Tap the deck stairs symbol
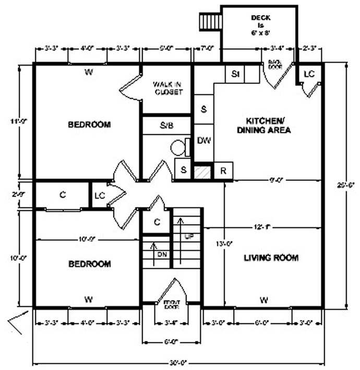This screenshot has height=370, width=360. (210, 22)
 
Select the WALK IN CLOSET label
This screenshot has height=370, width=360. (167, 88)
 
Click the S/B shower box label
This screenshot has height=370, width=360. (167, 126)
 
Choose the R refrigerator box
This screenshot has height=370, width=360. (223, 170)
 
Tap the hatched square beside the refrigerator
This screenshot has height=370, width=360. (202, 171)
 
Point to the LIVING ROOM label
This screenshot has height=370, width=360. (271, 257)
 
